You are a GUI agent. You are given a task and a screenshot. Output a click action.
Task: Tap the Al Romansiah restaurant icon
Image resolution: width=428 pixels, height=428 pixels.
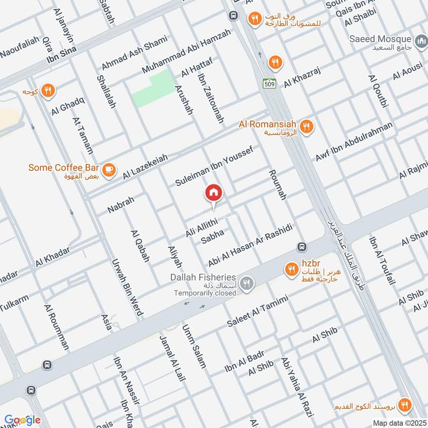click(307, 127)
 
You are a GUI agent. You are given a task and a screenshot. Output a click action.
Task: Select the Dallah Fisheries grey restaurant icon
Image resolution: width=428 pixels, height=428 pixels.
click(246, 284)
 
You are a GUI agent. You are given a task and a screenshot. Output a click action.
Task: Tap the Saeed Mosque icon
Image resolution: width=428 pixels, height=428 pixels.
click(420, 40)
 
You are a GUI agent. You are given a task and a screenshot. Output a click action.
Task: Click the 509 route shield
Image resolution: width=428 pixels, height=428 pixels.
click(269, 83)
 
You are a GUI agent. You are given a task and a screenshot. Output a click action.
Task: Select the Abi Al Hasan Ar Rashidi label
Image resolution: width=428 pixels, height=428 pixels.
click(250, 242)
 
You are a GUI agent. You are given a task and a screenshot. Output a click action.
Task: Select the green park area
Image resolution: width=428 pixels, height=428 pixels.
click(154, 90)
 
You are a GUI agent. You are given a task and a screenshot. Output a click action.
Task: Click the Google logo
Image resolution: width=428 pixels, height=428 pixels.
click(22, 419)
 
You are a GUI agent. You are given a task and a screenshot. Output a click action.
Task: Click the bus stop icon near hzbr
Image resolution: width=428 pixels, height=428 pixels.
click(302, 247)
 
